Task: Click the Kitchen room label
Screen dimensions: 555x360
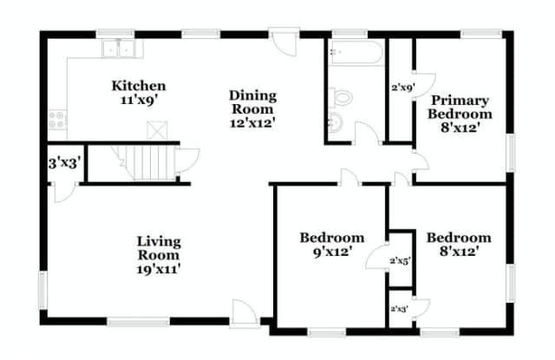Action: [139, 86]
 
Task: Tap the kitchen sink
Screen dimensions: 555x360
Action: [118, 49]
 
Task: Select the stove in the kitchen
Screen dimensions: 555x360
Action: [57, 120]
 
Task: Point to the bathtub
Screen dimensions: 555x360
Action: [356, 53]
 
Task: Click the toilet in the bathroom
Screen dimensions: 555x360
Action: [341, 97]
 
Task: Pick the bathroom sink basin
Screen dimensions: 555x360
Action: [336, 122]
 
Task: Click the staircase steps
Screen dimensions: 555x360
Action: [151, 162]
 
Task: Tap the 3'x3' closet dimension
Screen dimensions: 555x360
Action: [67, 164]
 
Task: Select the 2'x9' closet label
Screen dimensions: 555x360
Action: [402, 88]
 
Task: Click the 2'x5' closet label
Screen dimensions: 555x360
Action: [401, 261]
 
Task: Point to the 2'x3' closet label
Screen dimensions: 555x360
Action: [400, 309]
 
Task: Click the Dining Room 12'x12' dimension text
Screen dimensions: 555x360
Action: [252, 123]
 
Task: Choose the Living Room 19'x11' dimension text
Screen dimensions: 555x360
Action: [159, 269]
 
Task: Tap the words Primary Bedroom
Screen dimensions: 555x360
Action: [460, 107]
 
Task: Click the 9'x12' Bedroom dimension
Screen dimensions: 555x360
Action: [332, 252]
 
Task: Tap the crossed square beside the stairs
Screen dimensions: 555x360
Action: [157, 130]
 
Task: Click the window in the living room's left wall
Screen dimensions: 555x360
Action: [42, 291]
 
